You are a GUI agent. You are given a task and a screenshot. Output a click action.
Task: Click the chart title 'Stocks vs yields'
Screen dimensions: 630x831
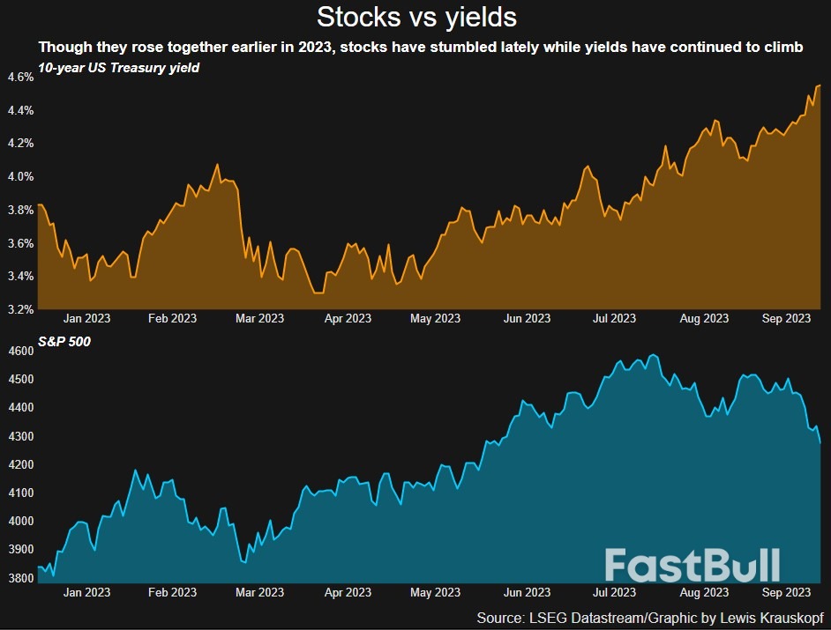[x=416, y=17]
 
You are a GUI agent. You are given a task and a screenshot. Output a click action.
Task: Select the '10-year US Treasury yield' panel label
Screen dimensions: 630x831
[x=118, y=69]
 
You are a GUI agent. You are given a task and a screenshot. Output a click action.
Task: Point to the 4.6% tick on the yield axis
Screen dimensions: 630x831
[x=19, y=77]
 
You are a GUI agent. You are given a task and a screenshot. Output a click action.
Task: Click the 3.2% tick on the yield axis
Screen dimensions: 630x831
[x=19, y=309]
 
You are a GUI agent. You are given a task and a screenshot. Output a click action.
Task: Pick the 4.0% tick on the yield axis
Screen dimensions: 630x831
[x=19, y=176]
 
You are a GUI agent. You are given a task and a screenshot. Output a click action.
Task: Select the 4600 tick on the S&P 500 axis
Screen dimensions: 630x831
[x=19, y=351]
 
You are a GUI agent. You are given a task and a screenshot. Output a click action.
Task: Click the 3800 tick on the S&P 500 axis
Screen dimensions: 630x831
[x=19, y=578]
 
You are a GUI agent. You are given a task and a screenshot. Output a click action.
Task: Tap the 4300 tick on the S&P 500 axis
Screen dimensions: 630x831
[x=19, y=436]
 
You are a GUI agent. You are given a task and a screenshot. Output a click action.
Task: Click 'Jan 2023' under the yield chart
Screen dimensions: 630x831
[x=86, y=318]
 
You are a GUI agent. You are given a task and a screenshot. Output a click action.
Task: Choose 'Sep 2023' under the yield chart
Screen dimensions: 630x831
[x=786, y=318]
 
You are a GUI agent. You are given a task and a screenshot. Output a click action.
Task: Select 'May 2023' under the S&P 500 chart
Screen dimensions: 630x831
[x=436, y=592]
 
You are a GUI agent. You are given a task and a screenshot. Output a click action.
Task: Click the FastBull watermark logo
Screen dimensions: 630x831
[x=692, y=565]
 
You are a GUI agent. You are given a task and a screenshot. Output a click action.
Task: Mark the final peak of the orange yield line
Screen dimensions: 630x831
[x=820, y=85]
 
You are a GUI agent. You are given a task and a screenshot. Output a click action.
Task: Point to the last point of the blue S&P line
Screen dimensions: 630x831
[x=820, y=442]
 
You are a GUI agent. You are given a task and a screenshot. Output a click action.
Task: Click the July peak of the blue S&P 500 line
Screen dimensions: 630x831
[x=653, y=355]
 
